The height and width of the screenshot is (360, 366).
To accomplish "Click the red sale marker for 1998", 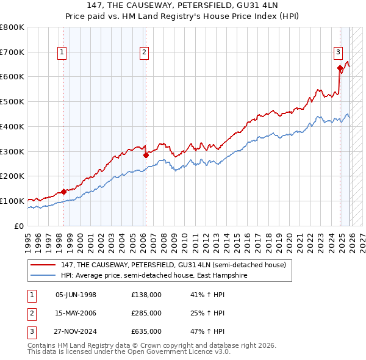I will (63, 192).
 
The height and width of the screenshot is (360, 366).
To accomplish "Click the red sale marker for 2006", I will (146, 155).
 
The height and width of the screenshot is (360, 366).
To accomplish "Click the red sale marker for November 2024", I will (340, 68).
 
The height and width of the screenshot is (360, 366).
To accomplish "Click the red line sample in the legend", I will (43, 265).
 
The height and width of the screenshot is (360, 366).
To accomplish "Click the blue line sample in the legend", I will (43, 275).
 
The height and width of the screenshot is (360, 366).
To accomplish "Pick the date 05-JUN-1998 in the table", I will (76, 295).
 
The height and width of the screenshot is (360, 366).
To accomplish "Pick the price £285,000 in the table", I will (146, 313).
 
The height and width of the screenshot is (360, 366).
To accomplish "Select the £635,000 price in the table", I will (146, 331).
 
